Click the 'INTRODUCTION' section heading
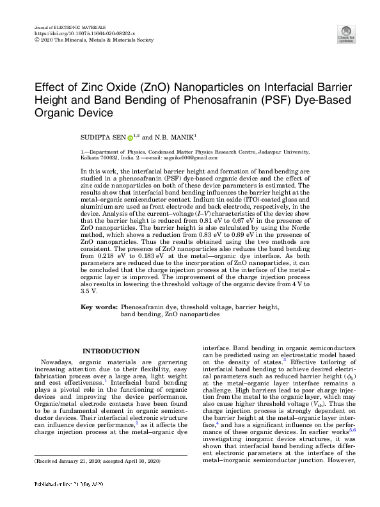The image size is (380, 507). pos(111,351)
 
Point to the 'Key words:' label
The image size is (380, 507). pos(98,307)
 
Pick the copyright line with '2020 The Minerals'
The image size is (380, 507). pos(95,38)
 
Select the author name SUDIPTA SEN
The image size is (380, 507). pos(102,137)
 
